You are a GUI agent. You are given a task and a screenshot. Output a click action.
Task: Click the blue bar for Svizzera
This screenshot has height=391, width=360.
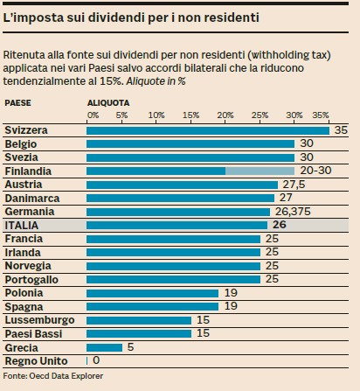click(208, 130)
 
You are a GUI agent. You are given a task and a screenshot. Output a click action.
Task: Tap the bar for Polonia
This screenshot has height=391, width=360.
click(152, 293)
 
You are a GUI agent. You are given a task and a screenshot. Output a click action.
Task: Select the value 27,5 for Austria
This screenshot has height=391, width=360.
click(293, 185)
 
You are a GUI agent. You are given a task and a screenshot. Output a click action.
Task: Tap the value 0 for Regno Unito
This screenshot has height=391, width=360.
click(96, 360)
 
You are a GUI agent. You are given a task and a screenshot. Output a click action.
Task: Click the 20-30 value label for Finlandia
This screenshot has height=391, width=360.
click(316, 171)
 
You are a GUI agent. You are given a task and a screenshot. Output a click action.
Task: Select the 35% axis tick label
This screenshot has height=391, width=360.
click(321, 115)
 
